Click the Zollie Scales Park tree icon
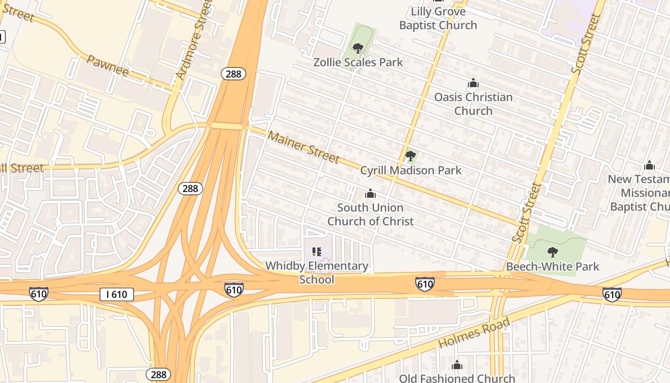[x=357, y=48]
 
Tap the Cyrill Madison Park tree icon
[x=410, y=156]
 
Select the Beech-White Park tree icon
[x=552, y=252]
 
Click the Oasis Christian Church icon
[x=473, y=84]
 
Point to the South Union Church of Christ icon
[x=370, y=194]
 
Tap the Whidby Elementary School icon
[x=316, y=251]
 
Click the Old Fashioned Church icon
[x=457, y=365]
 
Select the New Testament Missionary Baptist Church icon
[x=649, y=166]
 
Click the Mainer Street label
[x=303, y=146]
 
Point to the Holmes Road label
[x=474, y=333]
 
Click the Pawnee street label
[x=108, y=66]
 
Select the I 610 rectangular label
[x=116, y=294]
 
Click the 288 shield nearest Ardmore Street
[x=234, y=74]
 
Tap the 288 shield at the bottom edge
[x=158, y=374]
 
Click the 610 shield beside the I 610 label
[x=38, y=294]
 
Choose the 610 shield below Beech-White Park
[x=612, y=294]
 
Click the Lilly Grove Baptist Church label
[x=438, y=18]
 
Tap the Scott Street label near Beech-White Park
[x=526, y=213]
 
